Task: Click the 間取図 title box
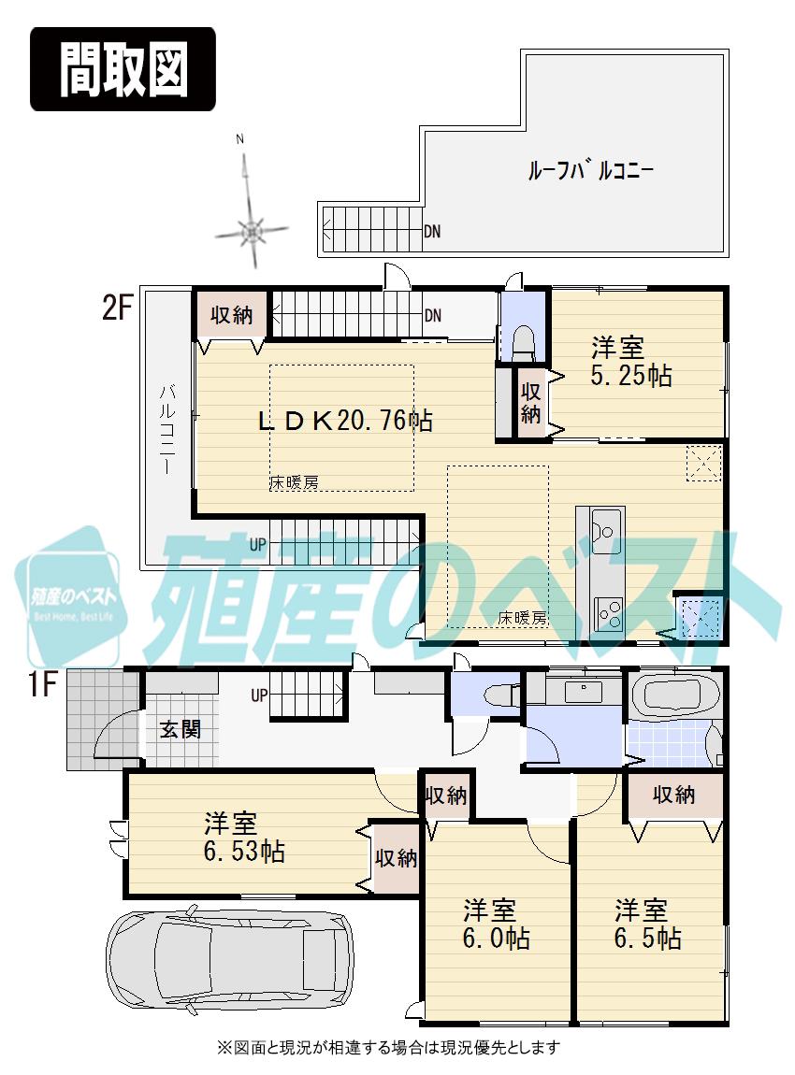coord(123,69)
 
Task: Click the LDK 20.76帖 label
coord(345,421)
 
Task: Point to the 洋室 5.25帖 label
coord(630,362)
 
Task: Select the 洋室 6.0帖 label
coord(497,924)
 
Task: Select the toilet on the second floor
coord(524,342)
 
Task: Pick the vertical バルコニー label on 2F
coord(166,430)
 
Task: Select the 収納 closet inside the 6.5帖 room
coord(673,795)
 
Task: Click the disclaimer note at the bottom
coord(388,1046)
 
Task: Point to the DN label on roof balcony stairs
coord(432,231)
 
